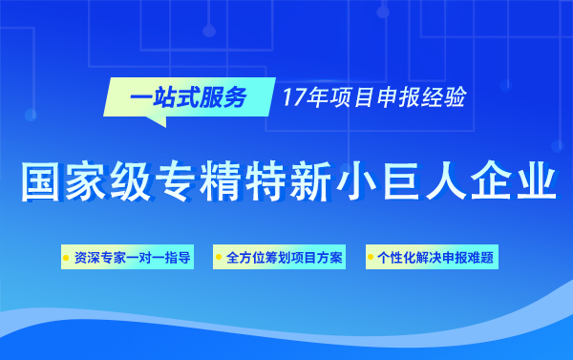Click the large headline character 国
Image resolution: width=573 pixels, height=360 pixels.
pyautogui.click(x=41, y=181)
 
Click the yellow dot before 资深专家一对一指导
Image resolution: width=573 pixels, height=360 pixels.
pyautogui.click(x=66, y=258)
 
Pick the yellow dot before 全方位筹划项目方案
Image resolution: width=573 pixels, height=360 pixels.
pyautogui.click(x=220, y=258)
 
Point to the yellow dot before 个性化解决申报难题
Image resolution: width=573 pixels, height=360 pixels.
pyautogui.click(x=371, y=258)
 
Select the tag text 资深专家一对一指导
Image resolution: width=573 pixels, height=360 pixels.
pyautogui.click(x=132, y=258)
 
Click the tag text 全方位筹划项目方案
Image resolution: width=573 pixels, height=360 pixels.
pyautogui.click(x=285, y=258)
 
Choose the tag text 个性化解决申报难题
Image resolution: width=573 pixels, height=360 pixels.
pyautogui.click(x=436, y=258)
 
